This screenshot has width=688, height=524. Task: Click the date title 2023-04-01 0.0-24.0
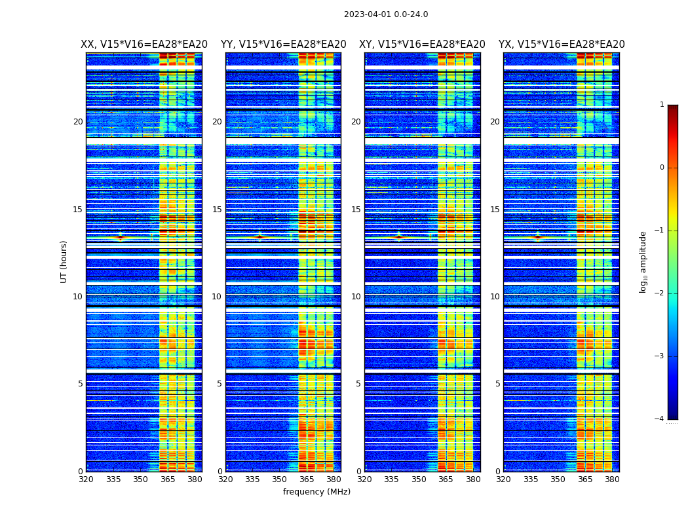[386, 14]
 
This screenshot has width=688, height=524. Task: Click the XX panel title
[144, 45]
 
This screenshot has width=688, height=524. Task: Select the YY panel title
[283, 45]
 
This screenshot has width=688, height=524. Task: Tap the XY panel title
[422, 45]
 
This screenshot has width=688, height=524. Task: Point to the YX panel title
[562, 45]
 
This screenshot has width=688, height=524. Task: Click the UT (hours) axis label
[64, 261]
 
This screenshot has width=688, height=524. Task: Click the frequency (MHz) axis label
[316, 492]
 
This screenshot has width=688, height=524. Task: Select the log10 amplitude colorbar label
[643, 261]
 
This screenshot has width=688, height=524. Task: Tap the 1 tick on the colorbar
[662, 105]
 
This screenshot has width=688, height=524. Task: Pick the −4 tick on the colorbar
[660, 419]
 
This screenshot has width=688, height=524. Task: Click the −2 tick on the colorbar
[660, 293]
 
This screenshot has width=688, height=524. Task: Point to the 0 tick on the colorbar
[662, 168]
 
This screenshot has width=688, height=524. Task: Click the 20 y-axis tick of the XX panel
[78, 122]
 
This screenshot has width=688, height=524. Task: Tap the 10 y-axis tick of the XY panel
[356, 297]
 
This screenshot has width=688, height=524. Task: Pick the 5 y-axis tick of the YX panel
[497, 384]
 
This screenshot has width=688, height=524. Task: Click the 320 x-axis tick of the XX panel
[86, 479]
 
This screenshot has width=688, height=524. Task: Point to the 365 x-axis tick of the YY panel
[307, 479]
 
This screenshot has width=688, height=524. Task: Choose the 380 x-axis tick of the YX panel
[612, 479]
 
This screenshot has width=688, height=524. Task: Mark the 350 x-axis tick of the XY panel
[419, 479]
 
